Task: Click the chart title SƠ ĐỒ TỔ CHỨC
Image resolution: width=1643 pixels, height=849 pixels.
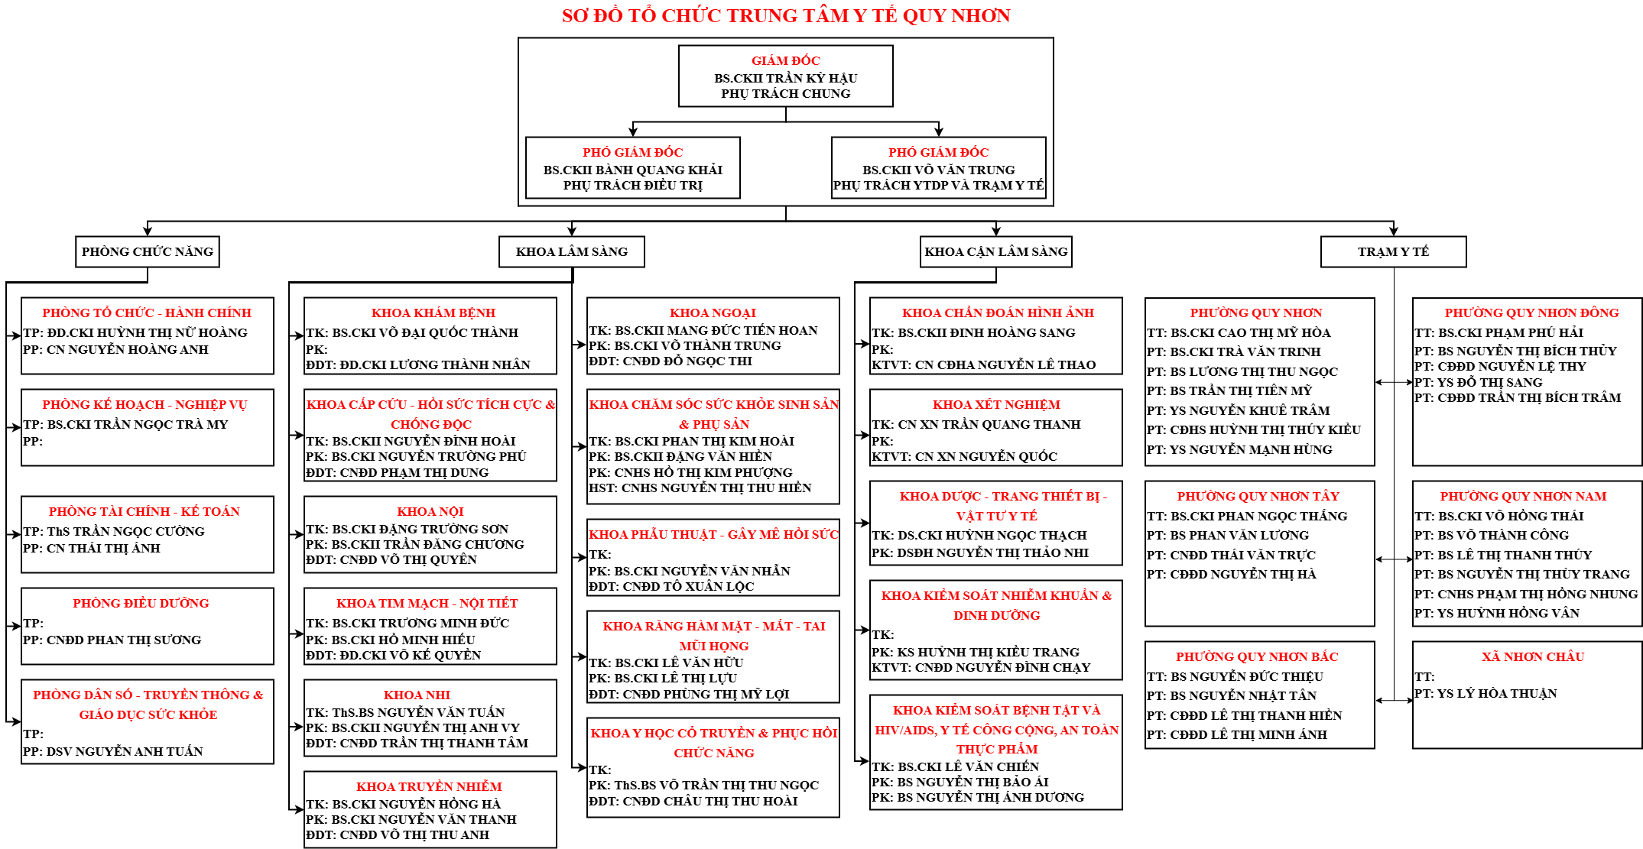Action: click(x=785, y=16)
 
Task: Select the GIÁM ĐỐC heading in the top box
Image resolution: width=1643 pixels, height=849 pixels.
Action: click(x=785, y=61)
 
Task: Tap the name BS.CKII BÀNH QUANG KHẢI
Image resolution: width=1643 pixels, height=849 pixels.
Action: click(x=632, y=170)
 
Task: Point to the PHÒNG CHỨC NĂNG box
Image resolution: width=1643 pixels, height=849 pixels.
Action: click(x=148, y=252)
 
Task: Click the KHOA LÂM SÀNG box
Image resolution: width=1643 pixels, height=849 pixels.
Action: click(x=571, y=252)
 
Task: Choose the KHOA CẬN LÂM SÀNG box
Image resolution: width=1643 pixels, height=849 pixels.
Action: click(x=995, y=252)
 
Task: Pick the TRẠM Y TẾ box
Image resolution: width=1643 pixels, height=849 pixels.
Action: click(x=1393, y=252)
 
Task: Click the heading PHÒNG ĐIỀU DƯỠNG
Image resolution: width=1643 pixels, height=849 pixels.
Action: click(x=141, y=604)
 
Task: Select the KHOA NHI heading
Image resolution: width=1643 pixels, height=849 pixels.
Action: click(x=417, y=695)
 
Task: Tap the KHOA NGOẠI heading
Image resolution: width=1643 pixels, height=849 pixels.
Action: click(x=713, y=313)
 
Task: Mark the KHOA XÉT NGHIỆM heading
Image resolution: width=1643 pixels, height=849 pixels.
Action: click(x=996, y=405)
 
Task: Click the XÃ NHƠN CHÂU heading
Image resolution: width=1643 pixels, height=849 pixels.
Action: click(x=1533, y=657)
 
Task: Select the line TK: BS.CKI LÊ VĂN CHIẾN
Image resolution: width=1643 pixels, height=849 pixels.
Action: click(x=955, y=766)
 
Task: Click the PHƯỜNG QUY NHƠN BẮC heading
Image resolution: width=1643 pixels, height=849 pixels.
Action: click(x=1257, y=657)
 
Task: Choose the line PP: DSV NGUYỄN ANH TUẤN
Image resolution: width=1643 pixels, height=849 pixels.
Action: click(x=113, y=752)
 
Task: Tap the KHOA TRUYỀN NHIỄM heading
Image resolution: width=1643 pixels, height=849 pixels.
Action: click(x=429, y=787)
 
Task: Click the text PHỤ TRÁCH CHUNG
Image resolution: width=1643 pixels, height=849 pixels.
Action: click(x=785, y=94)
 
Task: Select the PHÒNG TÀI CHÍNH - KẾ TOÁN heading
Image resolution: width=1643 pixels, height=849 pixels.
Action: click(x=144, y=512)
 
